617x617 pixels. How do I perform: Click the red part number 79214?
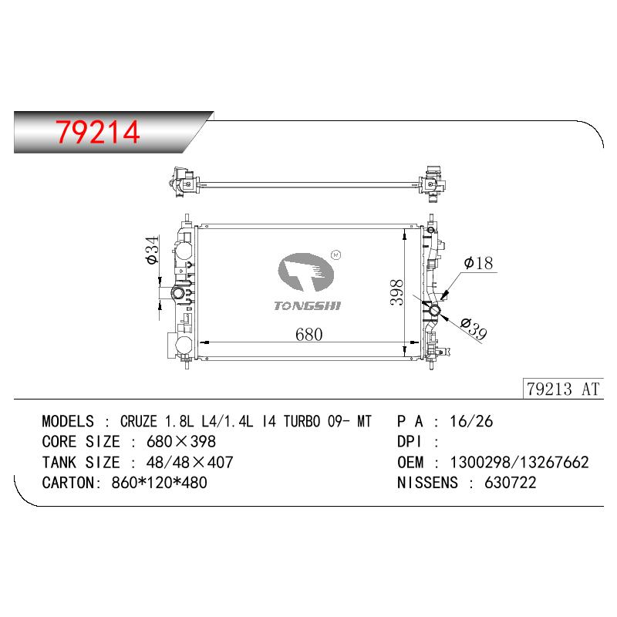click(98, 132)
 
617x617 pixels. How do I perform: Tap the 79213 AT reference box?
click(563, 389)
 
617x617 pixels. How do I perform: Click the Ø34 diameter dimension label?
click(152, 250)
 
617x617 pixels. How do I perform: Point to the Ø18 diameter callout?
click(478, 263)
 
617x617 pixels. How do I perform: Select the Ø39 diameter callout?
click(474, 329)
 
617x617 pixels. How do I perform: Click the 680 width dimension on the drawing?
click(309, 335)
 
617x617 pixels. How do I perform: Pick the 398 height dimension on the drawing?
click(396, 292)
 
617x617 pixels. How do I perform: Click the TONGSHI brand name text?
click(307, 305)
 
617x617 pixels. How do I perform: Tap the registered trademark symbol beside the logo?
click(336, 255)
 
